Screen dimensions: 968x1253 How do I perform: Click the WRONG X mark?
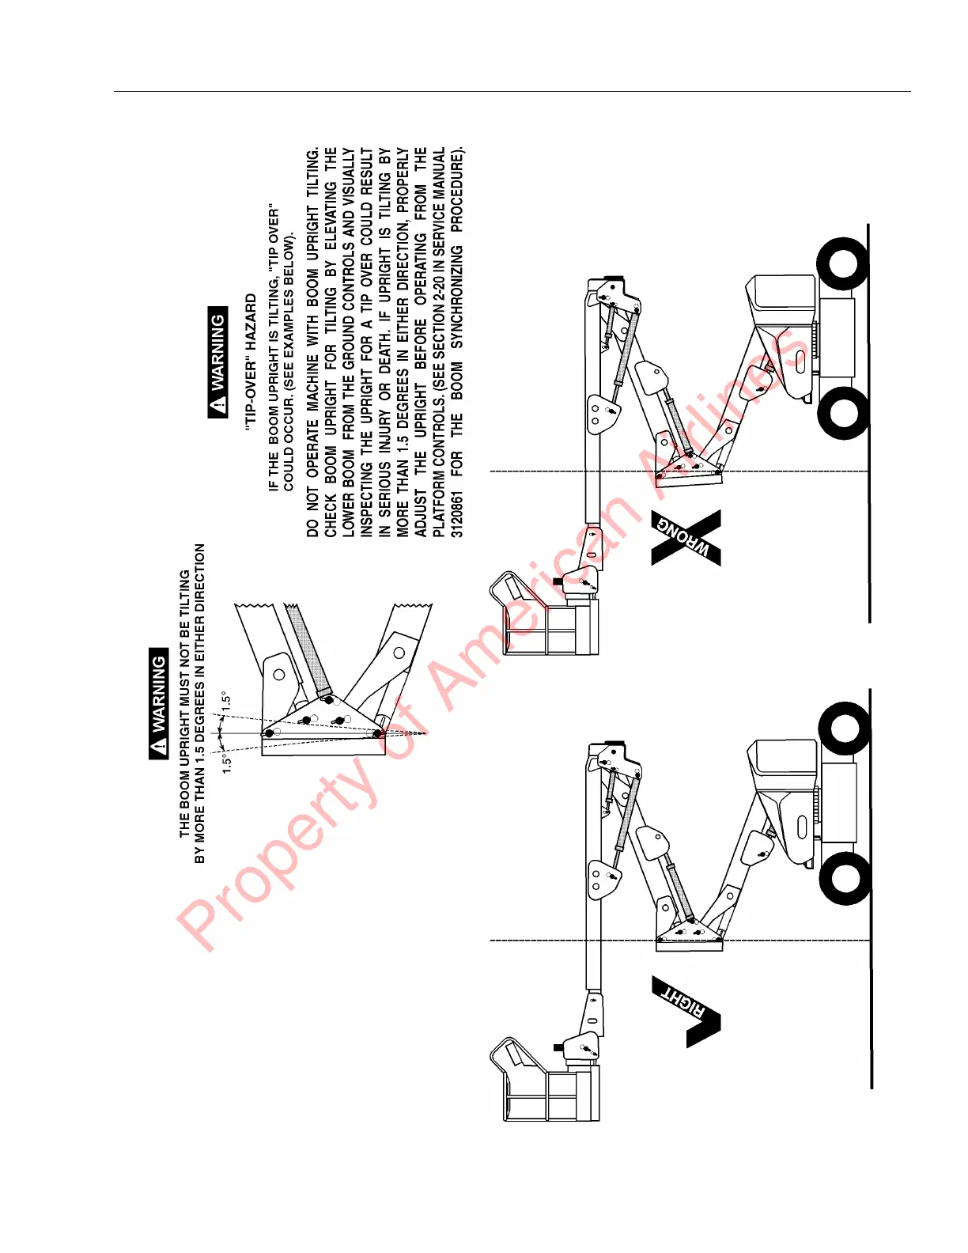pyautogui.click(x=686, y=538)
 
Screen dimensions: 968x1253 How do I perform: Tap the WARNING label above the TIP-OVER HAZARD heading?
pyautogui.click(x=217, y=362)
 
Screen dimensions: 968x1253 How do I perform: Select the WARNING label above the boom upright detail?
pyautogui.click(x=159, y=703)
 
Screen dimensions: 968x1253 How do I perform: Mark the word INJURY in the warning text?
pyautogui.click(x=385, y=436)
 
